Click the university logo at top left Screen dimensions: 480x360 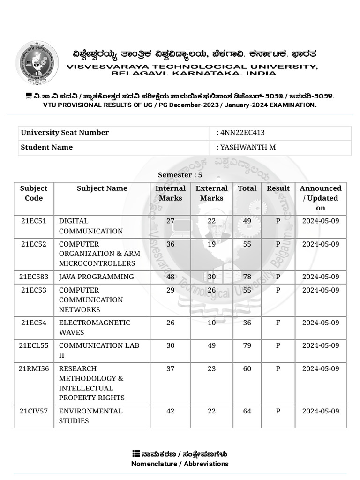[x=37, y=62]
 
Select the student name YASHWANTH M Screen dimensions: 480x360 [x=248, y=147]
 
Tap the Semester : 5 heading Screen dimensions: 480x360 [x=180, y=175]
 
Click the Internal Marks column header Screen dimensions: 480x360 [x=170, y=193]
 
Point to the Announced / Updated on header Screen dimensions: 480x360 [x=321, y=198]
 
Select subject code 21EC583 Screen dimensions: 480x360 [x=34, y=277]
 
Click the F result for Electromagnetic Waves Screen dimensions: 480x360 [x=278, y=322]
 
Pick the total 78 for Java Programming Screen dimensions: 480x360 [x=247, y=277]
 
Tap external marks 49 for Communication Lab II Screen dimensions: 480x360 [x=211, y=345]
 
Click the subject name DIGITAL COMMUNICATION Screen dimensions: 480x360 [x=90, y=226]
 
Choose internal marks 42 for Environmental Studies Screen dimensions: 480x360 [x=170, y=411]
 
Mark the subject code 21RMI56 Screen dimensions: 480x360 [x=34, y=369]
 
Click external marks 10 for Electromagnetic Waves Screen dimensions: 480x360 [x=211, y=322]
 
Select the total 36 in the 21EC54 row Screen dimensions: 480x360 [x=247, y=322]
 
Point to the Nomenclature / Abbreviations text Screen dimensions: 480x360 [x=180, y=464]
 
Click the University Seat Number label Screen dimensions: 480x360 [x=65, y=133]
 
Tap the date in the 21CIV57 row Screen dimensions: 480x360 [x=321, y=411]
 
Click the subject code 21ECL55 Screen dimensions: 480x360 [x=34, y=345]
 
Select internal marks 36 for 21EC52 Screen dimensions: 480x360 [x=170, y=244]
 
